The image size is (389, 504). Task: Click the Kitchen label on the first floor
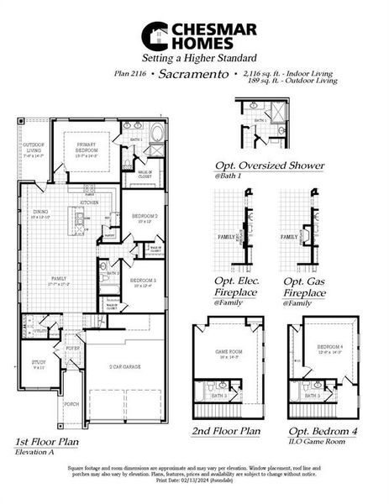point(89,202)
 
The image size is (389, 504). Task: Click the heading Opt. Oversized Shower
point(280,165)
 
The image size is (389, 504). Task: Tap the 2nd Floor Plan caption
point(226,431)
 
